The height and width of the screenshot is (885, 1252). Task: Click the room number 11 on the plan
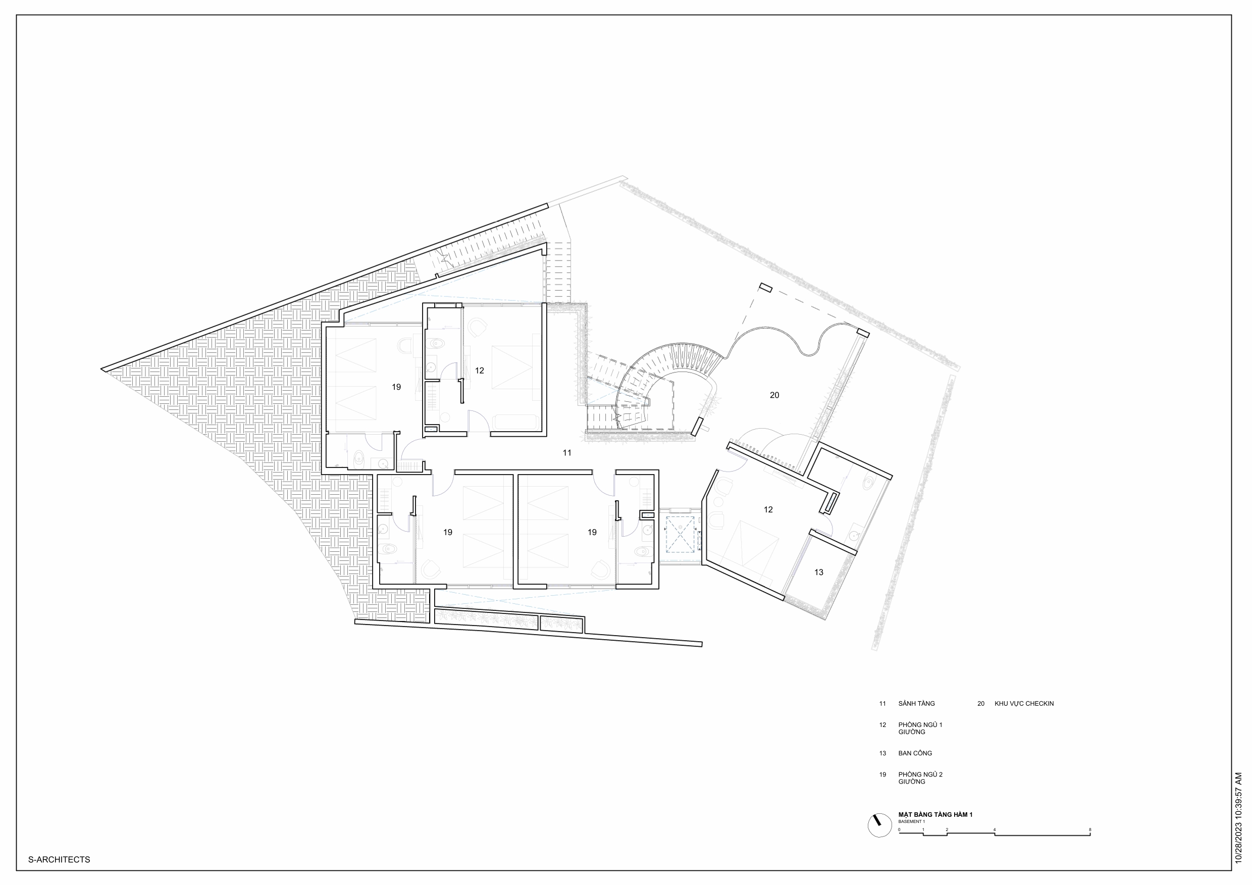(x=567, y=452)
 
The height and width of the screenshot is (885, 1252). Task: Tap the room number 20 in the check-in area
(x=774, y=395)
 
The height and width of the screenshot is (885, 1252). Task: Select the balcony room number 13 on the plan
(x=818, y=572)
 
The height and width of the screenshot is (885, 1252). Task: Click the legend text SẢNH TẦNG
(x=916, y=703)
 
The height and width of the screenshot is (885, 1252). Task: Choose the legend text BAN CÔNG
(x=915, y=753)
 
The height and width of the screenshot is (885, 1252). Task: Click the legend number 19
(x=882, y=774)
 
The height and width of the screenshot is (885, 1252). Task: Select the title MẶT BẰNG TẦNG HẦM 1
(x=935, y=815)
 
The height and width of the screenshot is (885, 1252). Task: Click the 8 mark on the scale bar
(x=1090, y=829)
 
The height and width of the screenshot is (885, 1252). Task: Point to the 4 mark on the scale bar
(x=994, y=829)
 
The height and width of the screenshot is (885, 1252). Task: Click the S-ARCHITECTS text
(x=59, y=859)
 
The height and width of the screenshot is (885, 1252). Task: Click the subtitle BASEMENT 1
(x=911, y=821)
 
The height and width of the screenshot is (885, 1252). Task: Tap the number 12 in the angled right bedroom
(x=768, y=509)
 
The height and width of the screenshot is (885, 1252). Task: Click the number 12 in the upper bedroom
(x=479, y=370)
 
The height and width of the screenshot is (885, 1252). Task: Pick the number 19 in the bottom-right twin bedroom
(x=592, y=532)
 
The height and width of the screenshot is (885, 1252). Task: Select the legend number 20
(x=980, y=703)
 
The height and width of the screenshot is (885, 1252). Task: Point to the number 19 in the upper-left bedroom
(x=396, y=387)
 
